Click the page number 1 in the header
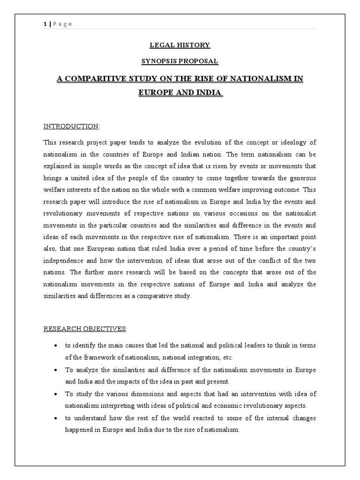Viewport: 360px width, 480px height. point(45,24)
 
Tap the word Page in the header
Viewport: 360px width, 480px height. point(62,24)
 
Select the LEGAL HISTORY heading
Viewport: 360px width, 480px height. point(180,45)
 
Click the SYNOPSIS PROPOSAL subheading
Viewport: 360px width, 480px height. point(180,61)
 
